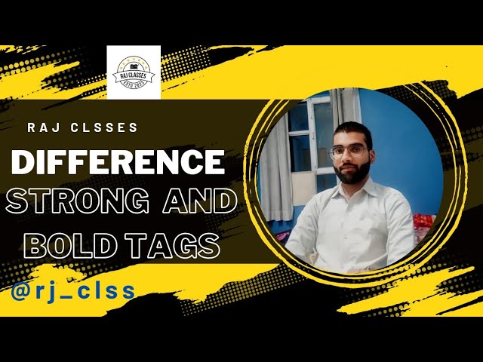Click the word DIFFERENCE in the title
tap(117, 161)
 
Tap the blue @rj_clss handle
tap(73, 290)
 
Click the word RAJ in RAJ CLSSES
tap(44, 127)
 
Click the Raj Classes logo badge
tap(134, 72)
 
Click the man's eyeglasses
tap(349, 152)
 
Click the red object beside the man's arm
tap(423, 222)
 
